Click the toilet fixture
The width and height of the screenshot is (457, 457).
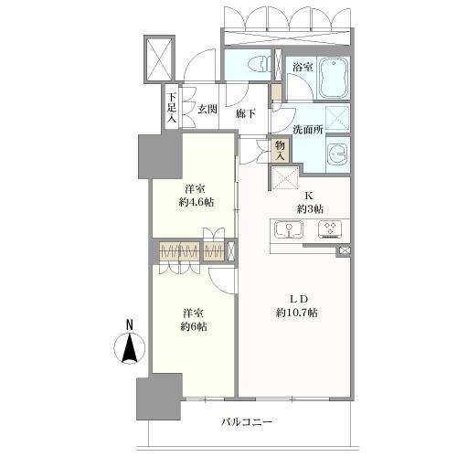click(x=258, y=66)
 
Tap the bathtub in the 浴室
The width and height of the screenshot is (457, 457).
click(x=334, y=78)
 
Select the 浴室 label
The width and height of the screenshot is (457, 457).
click(x=303, y=67)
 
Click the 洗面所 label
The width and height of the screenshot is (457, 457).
click(x=308, y=130)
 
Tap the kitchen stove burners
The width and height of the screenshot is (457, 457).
click(x=330, y=229)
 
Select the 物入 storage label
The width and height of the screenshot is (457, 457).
click(x=281, y=151)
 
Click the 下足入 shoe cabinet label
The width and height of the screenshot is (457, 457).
click(x=172, y=108)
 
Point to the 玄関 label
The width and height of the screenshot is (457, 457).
click(x=207, y=109)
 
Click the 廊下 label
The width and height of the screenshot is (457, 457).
click(x=246, y=113)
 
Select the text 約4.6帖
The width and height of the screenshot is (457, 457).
click(x=197, y=202)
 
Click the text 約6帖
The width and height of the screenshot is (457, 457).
click(x=194, y=326)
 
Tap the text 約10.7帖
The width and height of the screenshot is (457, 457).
click(x=297, y=313)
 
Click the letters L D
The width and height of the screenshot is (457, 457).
click(x=298, y=299)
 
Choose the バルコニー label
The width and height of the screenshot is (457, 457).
click(x=246, y=422)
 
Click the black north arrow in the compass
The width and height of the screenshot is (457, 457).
click(x=130, y=347)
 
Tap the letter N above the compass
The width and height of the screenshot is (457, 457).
click(x=130, y=324)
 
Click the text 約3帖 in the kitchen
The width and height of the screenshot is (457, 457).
click(x=310, y=208)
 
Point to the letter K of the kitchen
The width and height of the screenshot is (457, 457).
click(x=311, y=196)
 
